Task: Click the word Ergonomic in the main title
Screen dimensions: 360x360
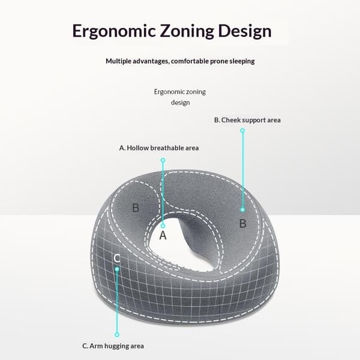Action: tap(114, 31)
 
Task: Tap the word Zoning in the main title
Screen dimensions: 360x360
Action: tap(187, 31)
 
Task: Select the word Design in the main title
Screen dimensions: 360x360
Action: tap(245, 31)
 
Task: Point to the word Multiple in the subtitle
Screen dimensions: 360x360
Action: tap(118, 61)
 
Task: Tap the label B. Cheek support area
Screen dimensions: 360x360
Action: tap(247, 120)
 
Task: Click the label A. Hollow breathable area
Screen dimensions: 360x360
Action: tap(159, 148)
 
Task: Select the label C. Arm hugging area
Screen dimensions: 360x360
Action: tap(113, 346)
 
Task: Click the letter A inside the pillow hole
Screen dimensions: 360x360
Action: tap(163, 235)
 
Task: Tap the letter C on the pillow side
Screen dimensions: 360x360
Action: tap(116, 258)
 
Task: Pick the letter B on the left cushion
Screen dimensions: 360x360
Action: tap(136, 208)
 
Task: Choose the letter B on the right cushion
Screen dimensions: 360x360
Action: tap(242, 223)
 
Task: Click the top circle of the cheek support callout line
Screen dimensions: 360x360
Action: tap(242, 131)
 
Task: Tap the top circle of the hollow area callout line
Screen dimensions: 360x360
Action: tap(163, 160)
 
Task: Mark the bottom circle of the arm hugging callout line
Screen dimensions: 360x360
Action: tap(117, 335)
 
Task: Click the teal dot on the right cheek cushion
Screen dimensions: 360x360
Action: tap(242, 209)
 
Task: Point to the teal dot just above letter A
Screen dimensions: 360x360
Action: tap(163, 226)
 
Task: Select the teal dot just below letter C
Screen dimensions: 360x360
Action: tap(117, 269)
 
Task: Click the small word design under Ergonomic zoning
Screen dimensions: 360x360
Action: tap(180, 103)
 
